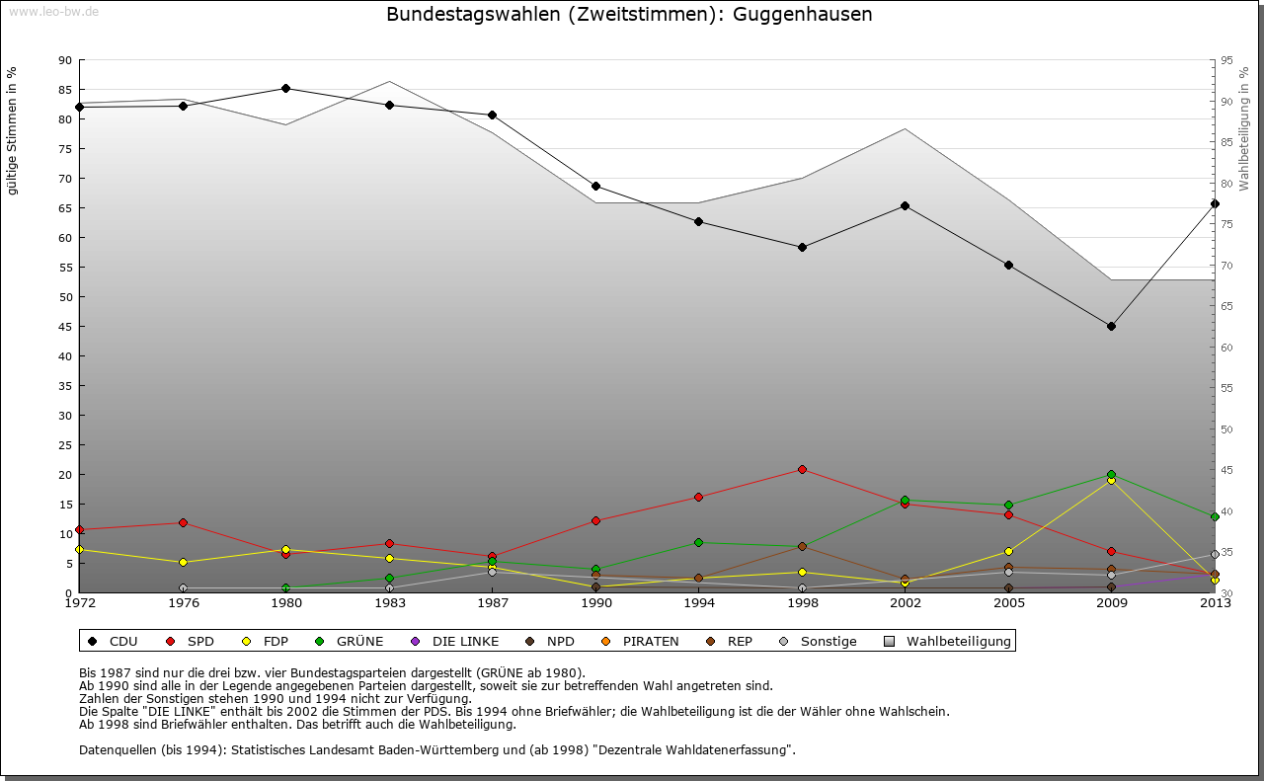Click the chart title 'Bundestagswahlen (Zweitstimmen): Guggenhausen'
(629, 15)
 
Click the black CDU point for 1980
(285, 88)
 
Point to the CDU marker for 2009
(1111, 326)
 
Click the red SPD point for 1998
(802, 469)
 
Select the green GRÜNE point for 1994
(698, 542)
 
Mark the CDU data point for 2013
(1215, 203)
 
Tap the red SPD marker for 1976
(183, 522)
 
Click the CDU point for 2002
(905, 205)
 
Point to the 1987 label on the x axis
(492, 602)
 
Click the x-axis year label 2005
(1008, 602)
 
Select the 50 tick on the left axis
(66, 297)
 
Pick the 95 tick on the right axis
(1227, 60)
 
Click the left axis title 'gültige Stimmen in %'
(12, 131)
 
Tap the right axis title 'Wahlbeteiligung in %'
(1243, 128)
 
